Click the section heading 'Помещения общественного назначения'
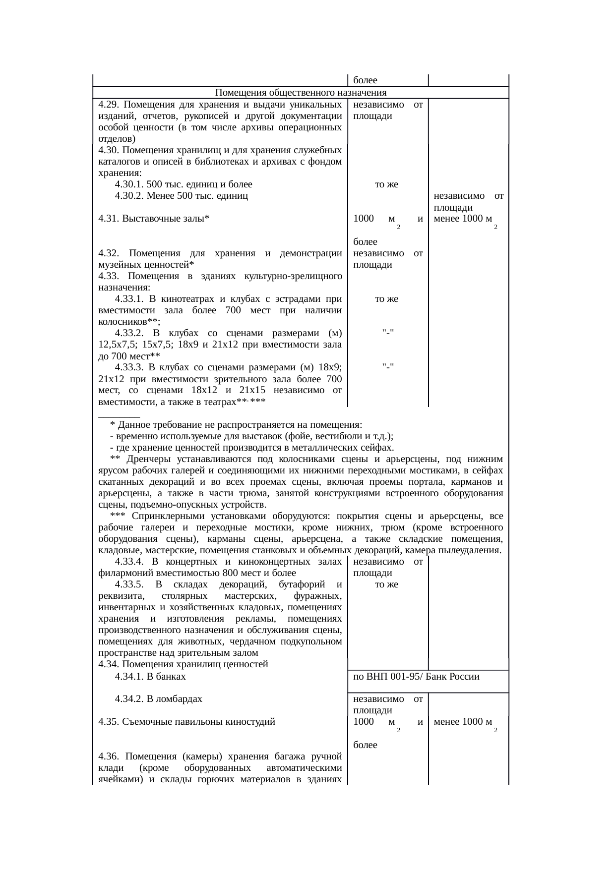pos(301,93)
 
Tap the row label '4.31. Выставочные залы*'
pos(154,219)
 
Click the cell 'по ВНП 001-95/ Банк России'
pos(416,677)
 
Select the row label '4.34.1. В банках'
pos(150,677)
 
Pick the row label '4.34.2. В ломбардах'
pos(158,699)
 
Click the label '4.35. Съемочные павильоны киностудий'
pos(186,722)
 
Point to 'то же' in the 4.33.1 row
pos(386,299)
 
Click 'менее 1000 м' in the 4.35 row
pos(462,722)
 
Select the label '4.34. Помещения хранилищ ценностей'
pos(183,664)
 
